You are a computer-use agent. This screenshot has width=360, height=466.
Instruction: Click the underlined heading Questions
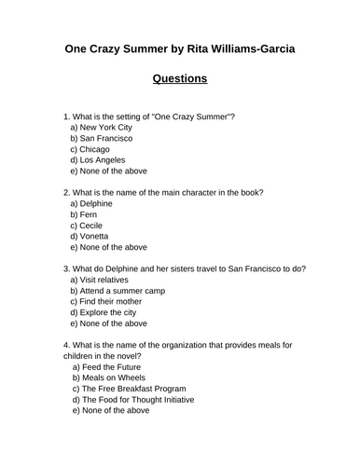[180, 78]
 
